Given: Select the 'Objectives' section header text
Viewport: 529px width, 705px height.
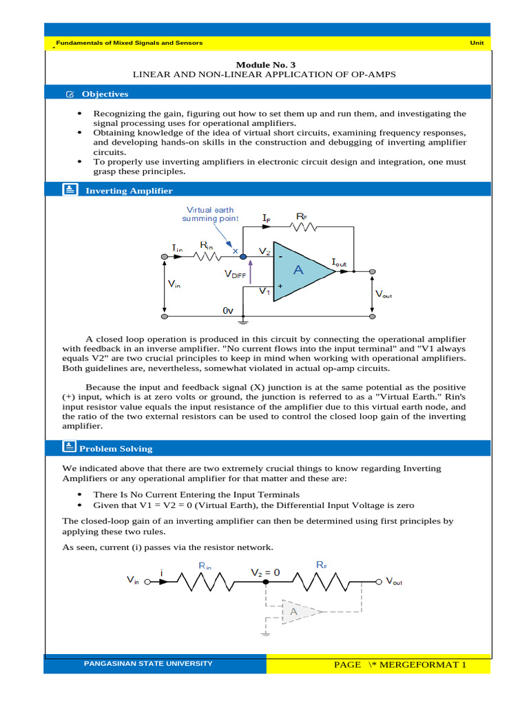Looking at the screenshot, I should (105, 94).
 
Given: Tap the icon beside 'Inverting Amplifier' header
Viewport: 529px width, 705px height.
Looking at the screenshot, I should (70, 190).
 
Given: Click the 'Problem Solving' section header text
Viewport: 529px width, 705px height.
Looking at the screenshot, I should (116, 448).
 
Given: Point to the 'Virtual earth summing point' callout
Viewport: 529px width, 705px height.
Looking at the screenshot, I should (210, 214).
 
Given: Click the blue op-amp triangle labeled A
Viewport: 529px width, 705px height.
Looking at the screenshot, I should (302, 271).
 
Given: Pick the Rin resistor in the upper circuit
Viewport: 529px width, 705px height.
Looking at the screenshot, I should (207, 256).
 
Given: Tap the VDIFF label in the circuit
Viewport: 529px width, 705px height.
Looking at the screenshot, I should (235, 273).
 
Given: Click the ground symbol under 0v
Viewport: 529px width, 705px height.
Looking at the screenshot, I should (243, 320).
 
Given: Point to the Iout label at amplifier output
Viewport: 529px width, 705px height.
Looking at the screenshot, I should (340, 262).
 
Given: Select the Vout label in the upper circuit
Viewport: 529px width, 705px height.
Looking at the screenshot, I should (384, 293).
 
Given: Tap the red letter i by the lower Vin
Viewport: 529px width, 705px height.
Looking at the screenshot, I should (161, 572).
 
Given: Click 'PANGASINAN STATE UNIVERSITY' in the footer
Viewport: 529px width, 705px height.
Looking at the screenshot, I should (148, 664).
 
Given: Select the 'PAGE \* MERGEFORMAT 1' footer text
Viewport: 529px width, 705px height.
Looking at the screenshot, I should (400, 664).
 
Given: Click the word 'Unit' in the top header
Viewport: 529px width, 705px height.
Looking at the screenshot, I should (477, 43).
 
